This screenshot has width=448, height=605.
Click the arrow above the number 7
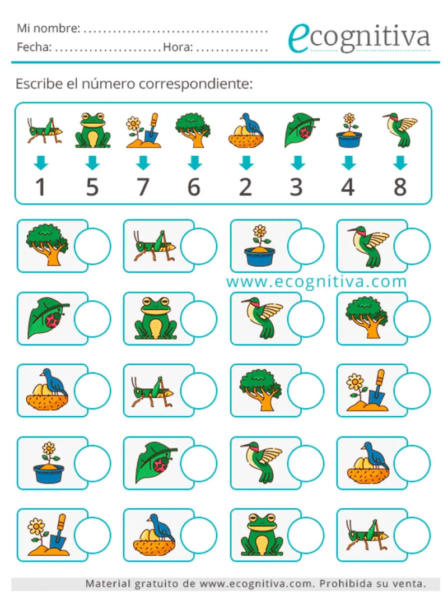[x=143, y=162]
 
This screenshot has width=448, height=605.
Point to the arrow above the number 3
[x=297, y=162]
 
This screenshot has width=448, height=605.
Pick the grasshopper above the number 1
[x=45, y=131]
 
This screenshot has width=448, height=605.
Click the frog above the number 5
[x=92, y=130]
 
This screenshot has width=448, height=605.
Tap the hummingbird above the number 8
[x=400, y=129]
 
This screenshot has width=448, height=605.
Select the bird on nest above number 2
[x=246, y=131]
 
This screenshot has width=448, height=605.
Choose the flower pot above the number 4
[x=349, y=130]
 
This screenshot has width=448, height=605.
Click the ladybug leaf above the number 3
[x=301, y=130]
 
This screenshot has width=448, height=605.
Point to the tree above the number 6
[x=193, y=130]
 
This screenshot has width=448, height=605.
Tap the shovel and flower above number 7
[x=143, y=130]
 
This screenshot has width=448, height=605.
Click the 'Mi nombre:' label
[x=49, y=28]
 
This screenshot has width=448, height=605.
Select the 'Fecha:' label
[x=34, y=47]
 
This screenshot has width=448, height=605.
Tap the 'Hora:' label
[x=178, y=47]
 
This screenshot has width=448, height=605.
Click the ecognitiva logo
[x=359, y=37]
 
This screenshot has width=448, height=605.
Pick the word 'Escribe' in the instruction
[x=39, y=83]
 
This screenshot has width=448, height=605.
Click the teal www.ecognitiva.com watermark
[x=316, y=282]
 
